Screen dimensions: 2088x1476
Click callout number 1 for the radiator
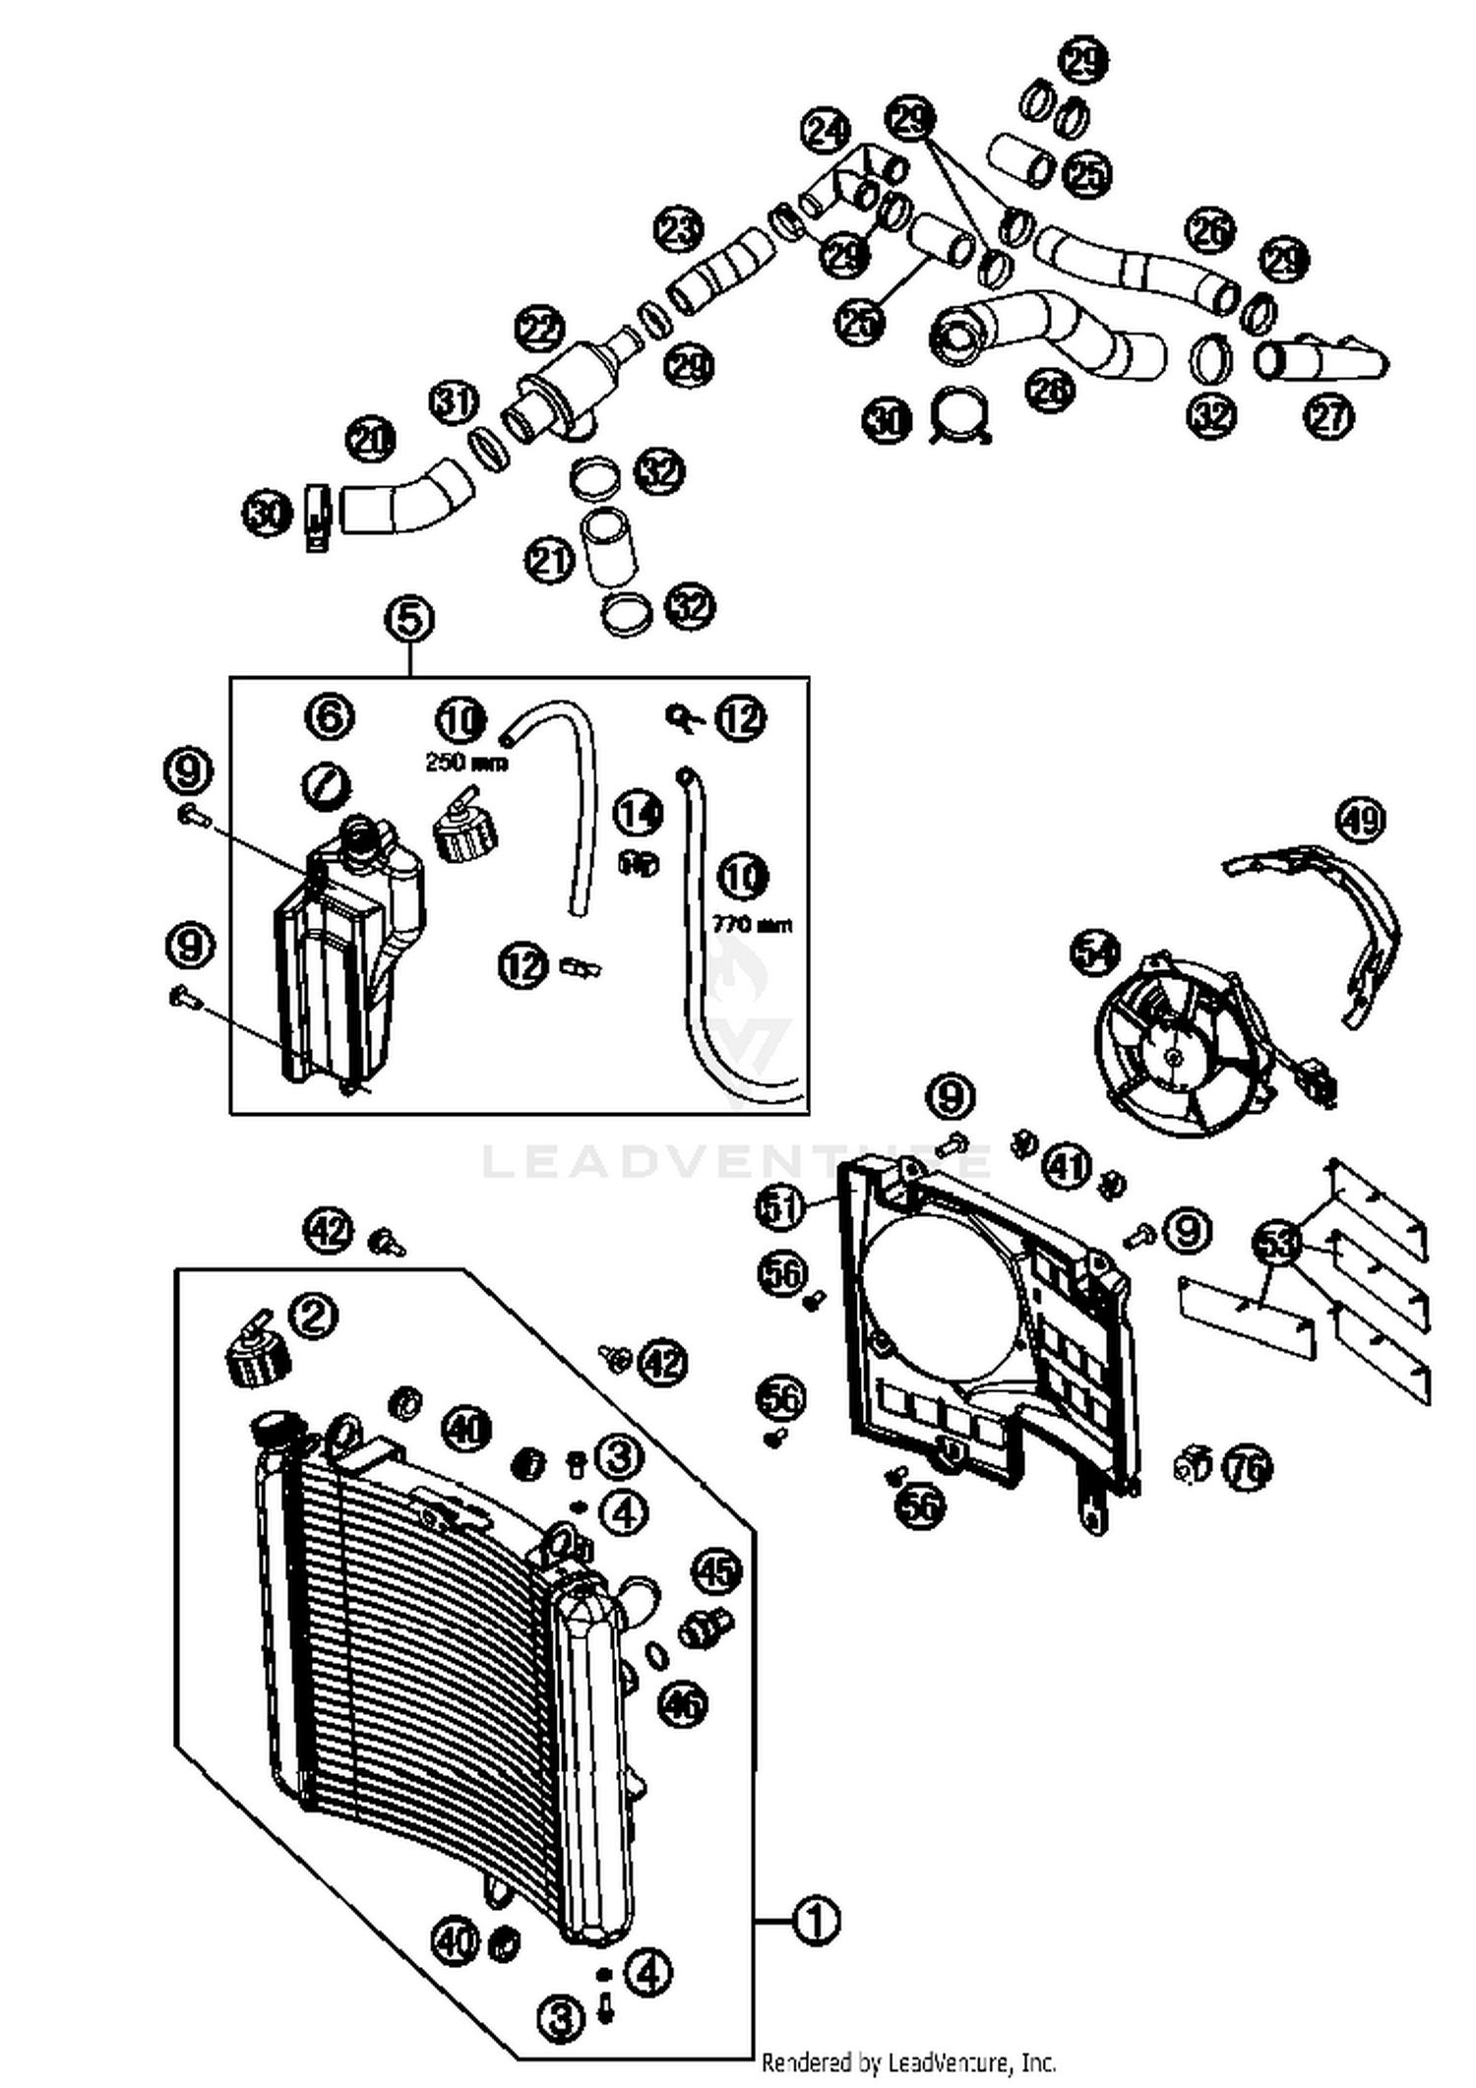(x=816, y=1920)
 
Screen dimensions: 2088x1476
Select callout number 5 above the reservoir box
(x=409, y=620)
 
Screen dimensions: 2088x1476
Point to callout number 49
(x=1361, y=820)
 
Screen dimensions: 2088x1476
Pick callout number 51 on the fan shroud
(x=781, y=1206)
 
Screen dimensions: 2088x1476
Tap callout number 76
(x=1248, y=1469)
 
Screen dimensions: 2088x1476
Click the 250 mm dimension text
(x=465, y=763)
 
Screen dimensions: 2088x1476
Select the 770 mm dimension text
(x=751, y=925)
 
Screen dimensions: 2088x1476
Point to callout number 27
(x=1328, y=416)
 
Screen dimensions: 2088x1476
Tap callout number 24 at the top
(x=825, y=132)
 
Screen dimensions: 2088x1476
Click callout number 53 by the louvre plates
(x=1276, y=1244)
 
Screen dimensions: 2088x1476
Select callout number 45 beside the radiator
(x=716, y=1571)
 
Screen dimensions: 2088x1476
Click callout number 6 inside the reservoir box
(x=329, y=716)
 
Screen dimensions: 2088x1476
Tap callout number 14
(x=639, y=814)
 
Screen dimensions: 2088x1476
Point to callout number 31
(x=454, y=401)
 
